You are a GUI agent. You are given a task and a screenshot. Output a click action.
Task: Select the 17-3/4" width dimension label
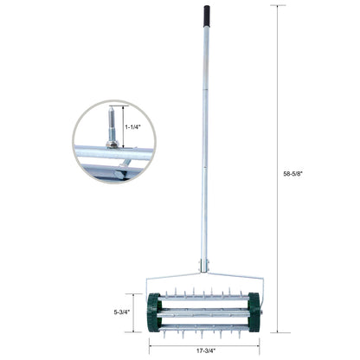[205, 351]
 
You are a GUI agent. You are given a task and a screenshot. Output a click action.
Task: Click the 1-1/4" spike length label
[132, 125]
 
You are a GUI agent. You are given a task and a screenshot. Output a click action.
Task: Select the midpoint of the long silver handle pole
[207, 138]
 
